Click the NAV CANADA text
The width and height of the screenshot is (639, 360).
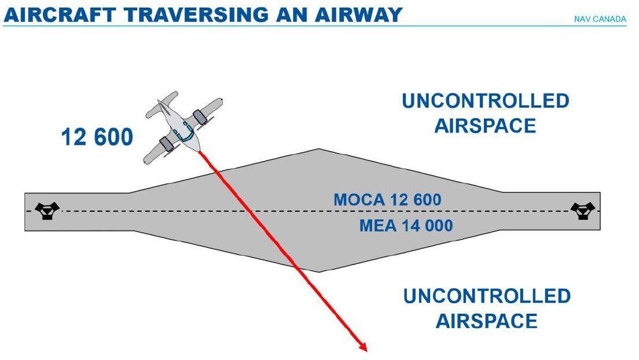(x=600, y=19)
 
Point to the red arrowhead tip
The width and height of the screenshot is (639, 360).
(x=366, y=350)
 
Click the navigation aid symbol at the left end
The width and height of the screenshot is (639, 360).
(x=47, y=210)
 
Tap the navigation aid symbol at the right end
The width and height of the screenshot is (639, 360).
(x=583, y=210)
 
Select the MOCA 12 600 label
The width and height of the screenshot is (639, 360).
(x=387, y=200)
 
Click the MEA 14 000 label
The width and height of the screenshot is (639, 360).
(x=406, y=225)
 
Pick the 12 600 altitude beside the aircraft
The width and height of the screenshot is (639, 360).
(x=97, y=138)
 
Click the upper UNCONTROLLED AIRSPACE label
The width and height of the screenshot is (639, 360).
(x=485, y=113)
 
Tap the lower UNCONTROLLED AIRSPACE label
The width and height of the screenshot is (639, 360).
(x=487, y=308)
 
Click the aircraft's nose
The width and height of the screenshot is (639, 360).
(x=197, y=149)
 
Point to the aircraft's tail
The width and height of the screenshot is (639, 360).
(x=163, y=101)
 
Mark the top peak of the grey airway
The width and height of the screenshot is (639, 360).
(x=318, y=150)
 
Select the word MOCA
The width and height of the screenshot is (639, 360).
(x=359, y=200)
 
